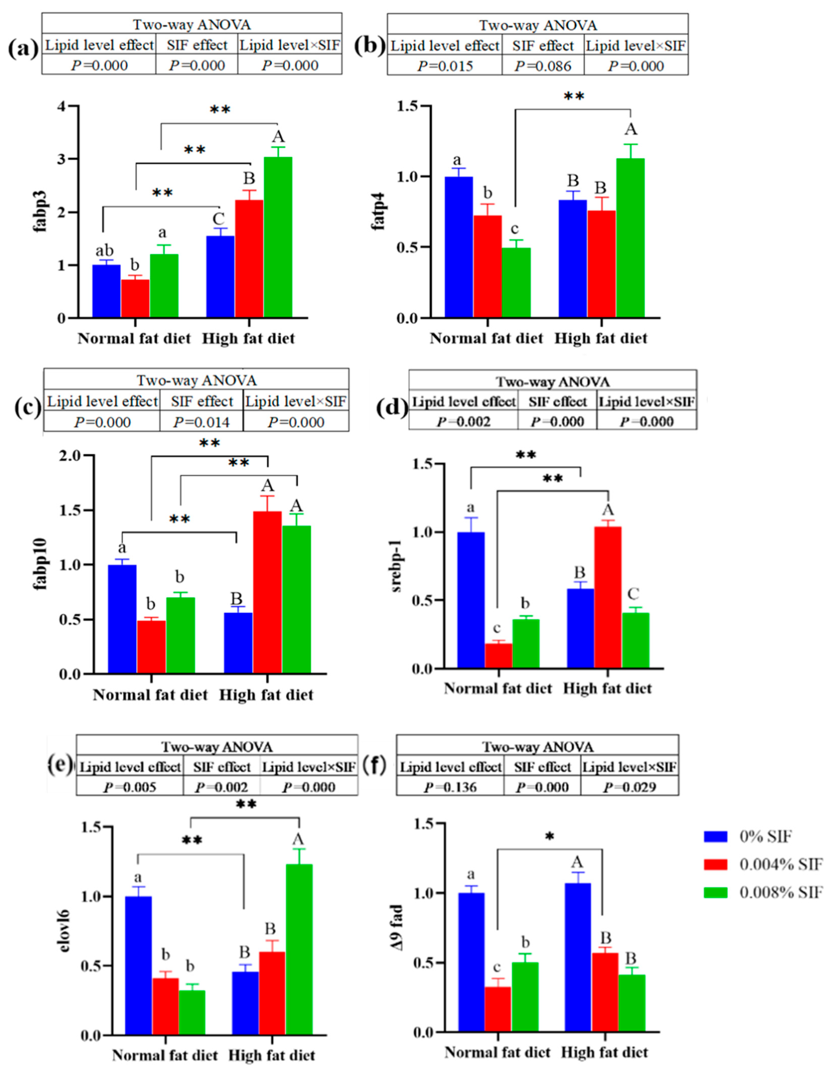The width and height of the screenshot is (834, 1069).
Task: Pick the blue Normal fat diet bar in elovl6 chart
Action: (x=139, y=966)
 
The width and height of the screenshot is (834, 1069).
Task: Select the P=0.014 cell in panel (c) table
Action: (x=201, y=422)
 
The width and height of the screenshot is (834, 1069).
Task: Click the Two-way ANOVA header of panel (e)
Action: (x=217, y=746)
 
